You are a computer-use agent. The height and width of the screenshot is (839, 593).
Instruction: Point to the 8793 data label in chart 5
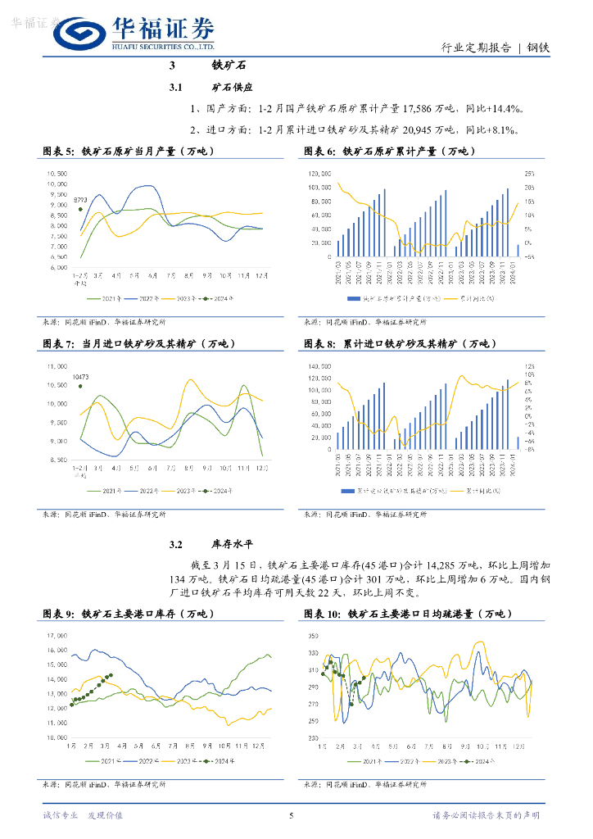(x=80, y=200)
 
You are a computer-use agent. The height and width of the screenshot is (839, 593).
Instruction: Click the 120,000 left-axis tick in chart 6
(x=319, y=174)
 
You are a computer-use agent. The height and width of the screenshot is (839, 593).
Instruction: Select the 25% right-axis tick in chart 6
(x=529, y=174)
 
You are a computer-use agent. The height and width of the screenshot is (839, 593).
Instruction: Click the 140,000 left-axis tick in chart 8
(x=319, y=365)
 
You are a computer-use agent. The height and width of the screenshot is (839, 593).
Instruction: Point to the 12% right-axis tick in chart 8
(x=529, y=365)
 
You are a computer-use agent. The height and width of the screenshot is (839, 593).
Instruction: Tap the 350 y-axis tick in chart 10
(x=315, y=636)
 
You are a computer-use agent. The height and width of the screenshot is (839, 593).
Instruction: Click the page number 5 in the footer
(x=292, y=815)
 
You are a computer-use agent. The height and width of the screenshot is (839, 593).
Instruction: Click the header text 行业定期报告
(x=476, y=47)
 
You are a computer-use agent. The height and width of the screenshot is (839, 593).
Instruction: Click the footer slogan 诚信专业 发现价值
(x=82, y=815)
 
